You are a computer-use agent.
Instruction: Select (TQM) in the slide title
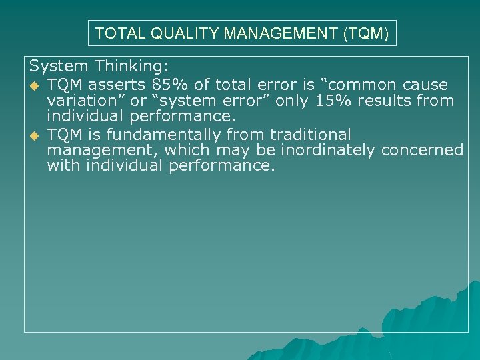point(365,33)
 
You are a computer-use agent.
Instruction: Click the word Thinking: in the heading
point(132,67)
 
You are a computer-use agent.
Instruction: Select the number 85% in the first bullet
point(174,85)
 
